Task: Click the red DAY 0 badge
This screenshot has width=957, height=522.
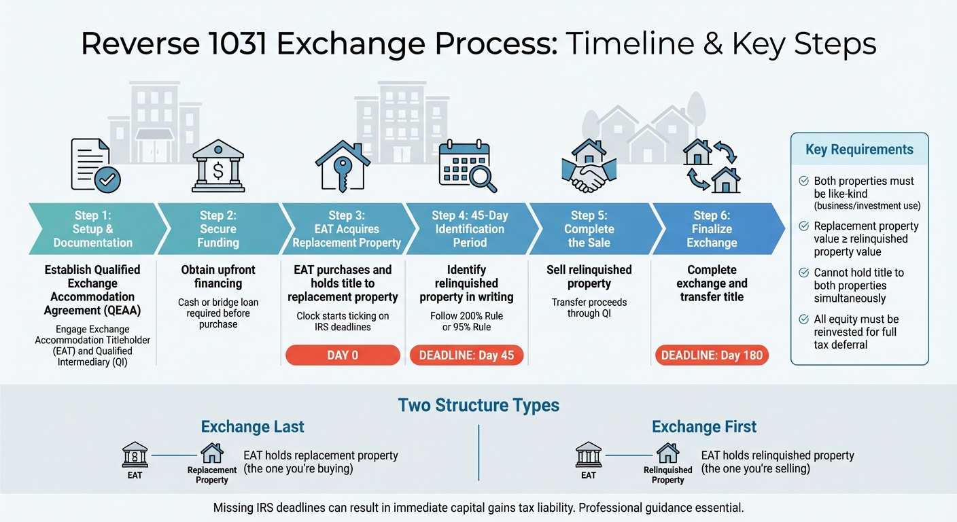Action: coord(343,355)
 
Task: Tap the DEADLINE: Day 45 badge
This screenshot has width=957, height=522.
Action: coord(466,355)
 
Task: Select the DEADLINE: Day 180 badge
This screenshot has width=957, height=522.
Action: coord(712,355)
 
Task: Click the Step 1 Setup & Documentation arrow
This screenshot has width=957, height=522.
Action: coord(93,229)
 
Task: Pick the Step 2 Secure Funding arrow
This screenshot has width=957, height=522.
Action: coord(218,229)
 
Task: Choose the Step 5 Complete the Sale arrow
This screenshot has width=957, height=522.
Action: coord(589,229)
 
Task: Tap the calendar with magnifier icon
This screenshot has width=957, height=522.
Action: coord(467,167)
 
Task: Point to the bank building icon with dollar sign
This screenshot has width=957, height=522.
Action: coord(218,167)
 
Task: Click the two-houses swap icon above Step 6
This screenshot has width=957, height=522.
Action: coord(712,166)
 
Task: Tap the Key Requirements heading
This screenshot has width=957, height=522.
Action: coord(859,150)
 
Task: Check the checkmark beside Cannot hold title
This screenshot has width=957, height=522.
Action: coord(803,273)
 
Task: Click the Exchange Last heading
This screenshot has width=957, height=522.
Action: coord(252,427)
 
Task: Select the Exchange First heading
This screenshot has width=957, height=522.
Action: coord(703,427)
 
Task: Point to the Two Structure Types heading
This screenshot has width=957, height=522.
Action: coord(478,406)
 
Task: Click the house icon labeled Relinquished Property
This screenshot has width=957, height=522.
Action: coord(667,453)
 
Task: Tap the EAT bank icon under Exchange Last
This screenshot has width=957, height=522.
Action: coord(135,454)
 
